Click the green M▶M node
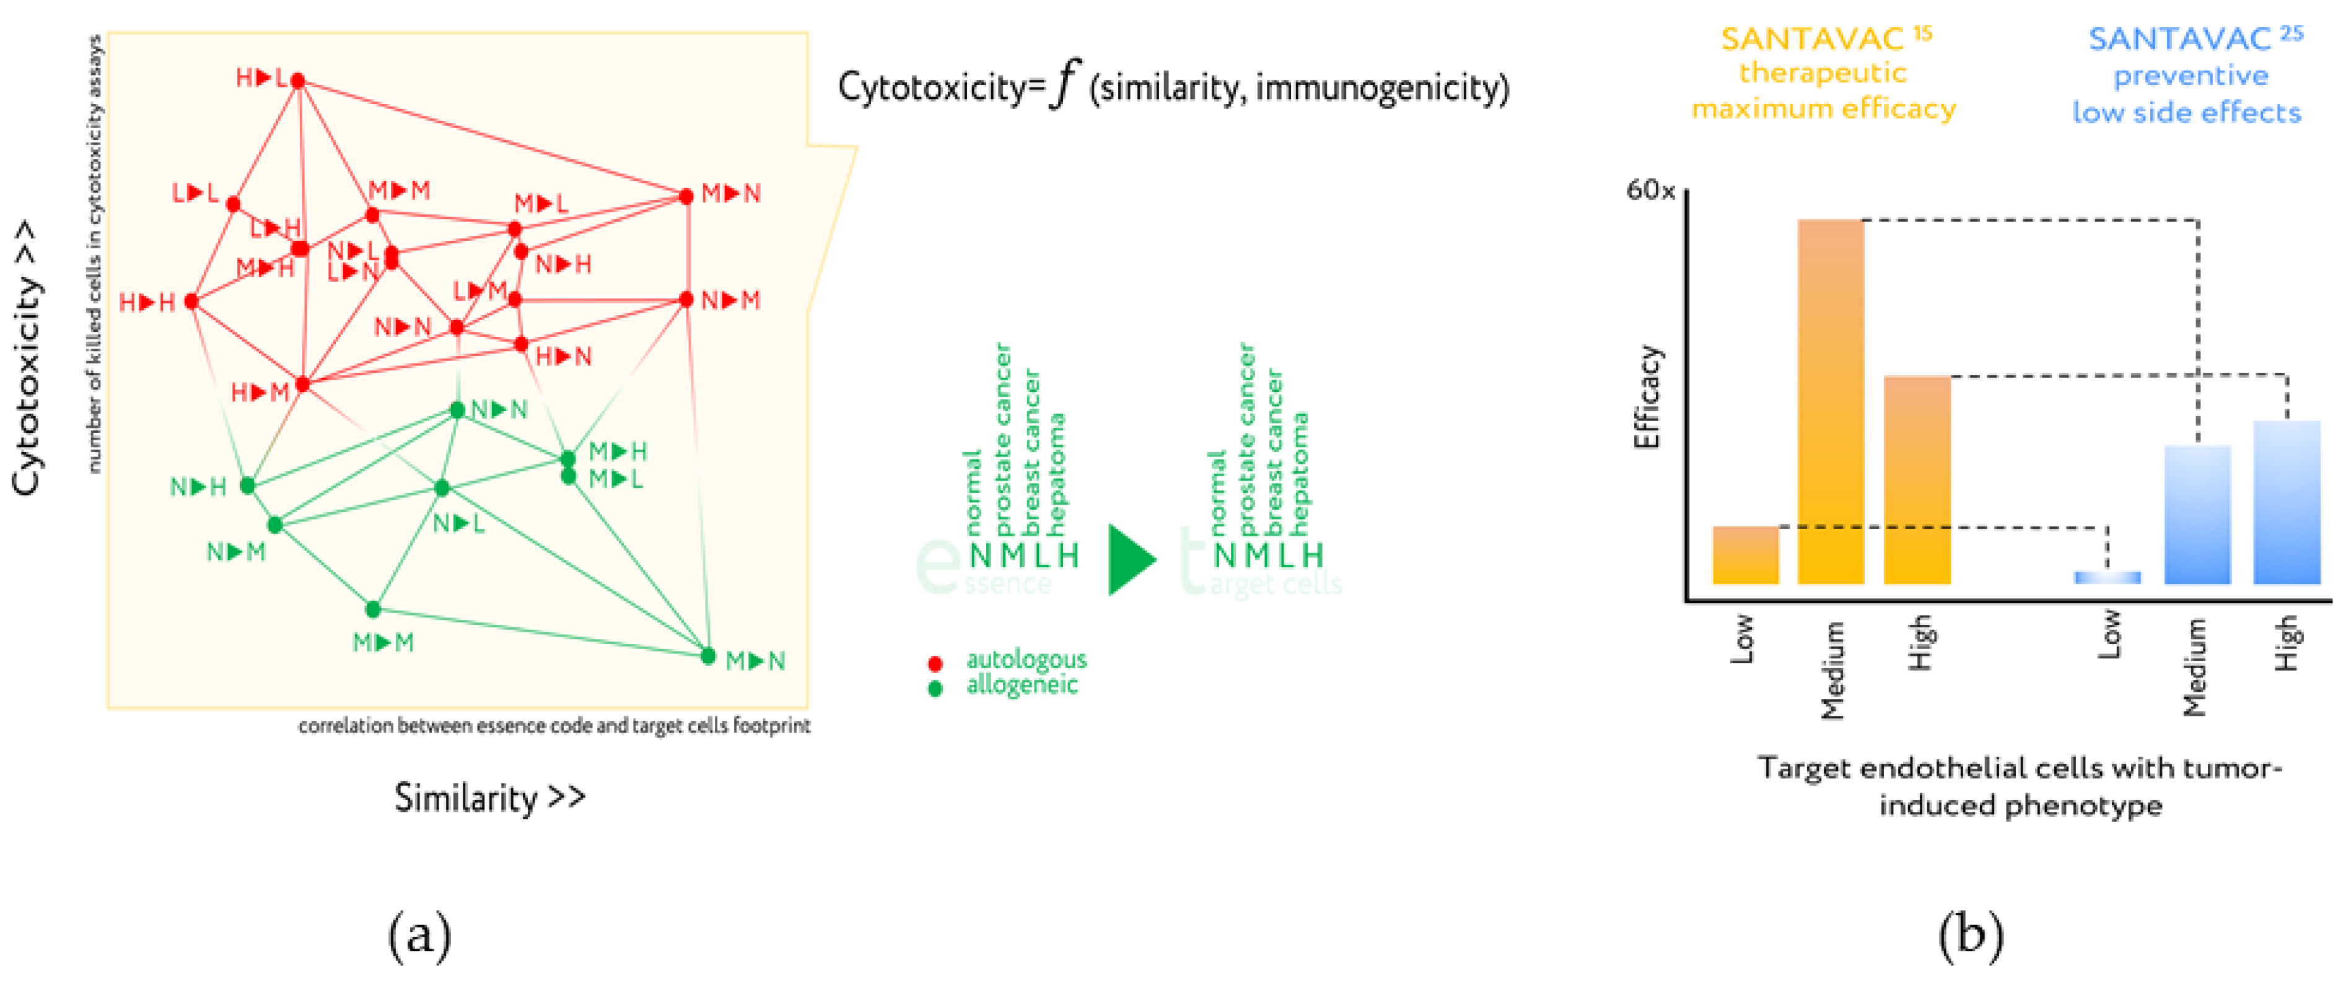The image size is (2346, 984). (x=372, y=609)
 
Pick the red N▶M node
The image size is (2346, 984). (x=686, y=300)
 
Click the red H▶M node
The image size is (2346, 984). (x=302, y=384)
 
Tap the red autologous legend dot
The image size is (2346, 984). (x=934, y=663)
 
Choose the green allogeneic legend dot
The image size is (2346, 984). (x=934, y=688)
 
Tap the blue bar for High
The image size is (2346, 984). (x=2286, y=502)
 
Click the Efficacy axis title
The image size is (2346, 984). (x=1647, y=397)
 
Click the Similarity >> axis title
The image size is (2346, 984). (x=489, y=798)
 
